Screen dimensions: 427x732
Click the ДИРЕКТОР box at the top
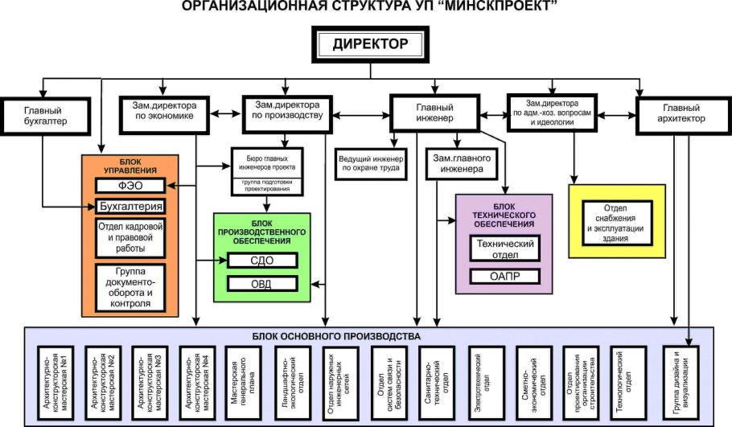pos(370,44)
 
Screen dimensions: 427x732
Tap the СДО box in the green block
pos(263,261)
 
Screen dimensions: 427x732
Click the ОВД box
pos(263,283)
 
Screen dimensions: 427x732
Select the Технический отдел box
pos(504,248)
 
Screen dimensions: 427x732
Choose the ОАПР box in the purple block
pos(504,277)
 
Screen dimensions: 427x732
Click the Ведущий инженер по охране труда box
pos(372,163)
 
